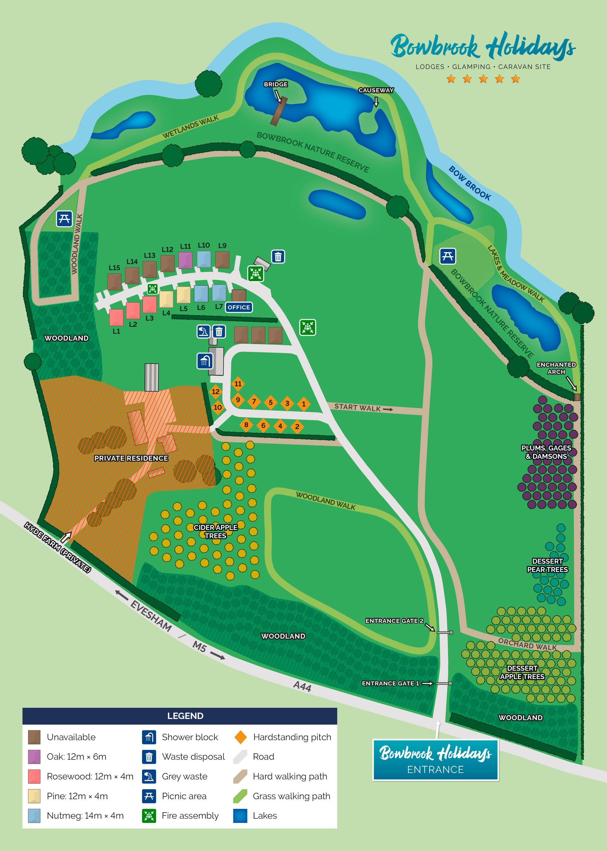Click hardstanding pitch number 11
tap(238, 384)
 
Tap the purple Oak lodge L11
tap(185, 260)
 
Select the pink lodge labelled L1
tap(116, 317)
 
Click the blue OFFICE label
tap(239, 307)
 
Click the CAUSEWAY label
tap(376, 90)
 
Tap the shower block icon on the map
tap(205, 361)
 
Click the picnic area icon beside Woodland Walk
tap(64, 219)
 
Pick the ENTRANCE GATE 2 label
tap(394, 621)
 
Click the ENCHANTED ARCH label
tap(556, 368)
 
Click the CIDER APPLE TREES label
tap(215, 531)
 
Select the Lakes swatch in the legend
tap(240, 816)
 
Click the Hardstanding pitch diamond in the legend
tap(240, 737)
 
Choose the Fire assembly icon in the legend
tap(149, 816)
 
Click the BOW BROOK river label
tap(469, 183)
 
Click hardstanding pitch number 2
tap(297, 426)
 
